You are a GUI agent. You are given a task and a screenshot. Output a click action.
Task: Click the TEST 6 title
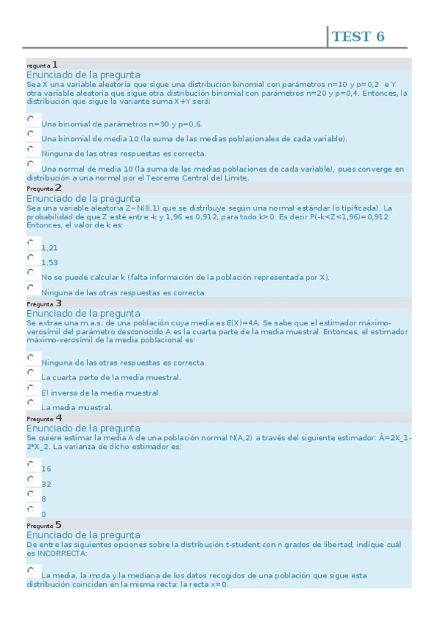coord(358,37)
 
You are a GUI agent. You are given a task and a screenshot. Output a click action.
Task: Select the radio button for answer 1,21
coord(31,243)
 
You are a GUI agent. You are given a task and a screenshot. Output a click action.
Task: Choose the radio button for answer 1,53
coord(31,257)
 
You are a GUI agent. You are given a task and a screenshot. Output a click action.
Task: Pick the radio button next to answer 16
coord(31,464)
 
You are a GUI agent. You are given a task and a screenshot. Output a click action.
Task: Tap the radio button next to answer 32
coord(31,479)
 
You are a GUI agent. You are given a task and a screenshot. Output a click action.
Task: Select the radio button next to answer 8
coord(31,494)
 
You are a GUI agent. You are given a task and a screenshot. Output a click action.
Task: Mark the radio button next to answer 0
coord(31,509)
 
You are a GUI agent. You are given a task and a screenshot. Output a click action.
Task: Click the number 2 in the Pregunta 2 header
coord(58,188)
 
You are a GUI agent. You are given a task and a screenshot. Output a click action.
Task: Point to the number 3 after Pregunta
coord(58,303)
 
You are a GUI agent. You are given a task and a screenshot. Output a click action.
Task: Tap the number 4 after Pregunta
coord(58,418)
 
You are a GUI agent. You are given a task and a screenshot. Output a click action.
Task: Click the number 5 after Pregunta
coord(58,524)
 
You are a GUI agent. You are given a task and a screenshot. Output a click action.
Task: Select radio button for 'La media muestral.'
coord(31,402)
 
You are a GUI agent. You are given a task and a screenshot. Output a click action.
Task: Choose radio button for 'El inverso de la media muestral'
coord(31,387)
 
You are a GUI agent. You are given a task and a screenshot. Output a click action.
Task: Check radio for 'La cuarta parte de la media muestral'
coord(31,372)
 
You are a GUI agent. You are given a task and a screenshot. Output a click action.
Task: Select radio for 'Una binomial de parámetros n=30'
coord(31,118)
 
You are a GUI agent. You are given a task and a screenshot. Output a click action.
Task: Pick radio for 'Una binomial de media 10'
coord(31,134)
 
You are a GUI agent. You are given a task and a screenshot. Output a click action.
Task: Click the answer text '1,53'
coord(50,262)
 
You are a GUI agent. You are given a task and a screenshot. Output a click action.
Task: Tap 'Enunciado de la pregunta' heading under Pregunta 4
coord(83,428)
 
